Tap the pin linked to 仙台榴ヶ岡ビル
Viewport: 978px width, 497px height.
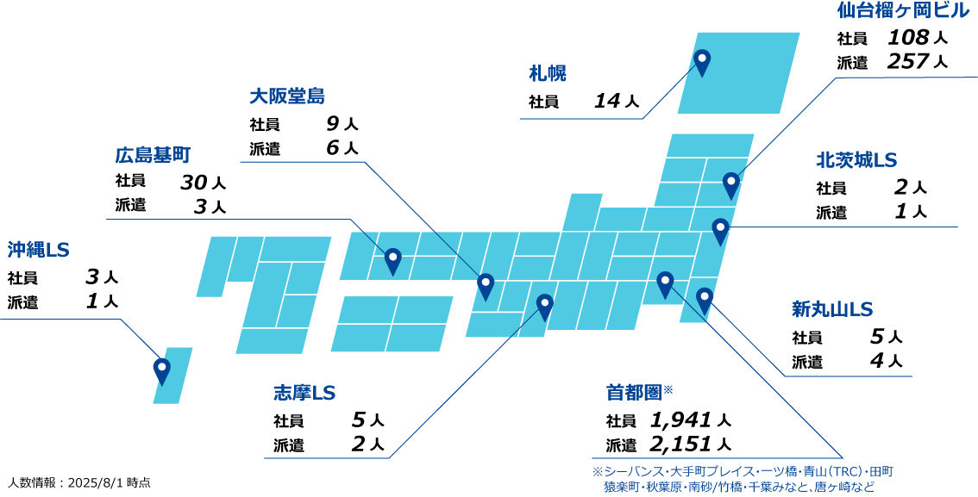pos(731,183)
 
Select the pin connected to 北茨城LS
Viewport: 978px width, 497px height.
pos(720,229)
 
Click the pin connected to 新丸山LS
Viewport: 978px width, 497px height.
pos(705,299)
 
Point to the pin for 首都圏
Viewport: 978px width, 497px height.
pos(665,283)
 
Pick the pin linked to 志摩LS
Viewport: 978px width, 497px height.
pos(545,305)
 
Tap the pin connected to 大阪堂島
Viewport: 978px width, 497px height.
pos(486,284)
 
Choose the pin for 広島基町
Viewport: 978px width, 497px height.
pos(393,259)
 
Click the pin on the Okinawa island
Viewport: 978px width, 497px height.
pos(162,370)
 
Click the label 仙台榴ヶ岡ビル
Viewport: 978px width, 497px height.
pos(903,10)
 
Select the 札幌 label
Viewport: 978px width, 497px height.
pos(548,74)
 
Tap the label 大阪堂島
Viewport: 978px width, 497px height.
pos(287,96)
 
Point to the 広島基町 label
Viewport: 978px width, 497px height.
pos(153,156)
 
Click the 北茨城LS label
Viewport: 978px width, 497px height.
pos(856,160)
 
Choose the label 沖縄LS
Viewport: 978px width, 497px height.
pos(38,250)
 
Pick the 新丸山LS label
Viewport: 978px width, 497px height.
pos(832,309)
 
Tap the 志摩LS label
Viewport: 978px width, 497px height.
pos(304,393)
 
